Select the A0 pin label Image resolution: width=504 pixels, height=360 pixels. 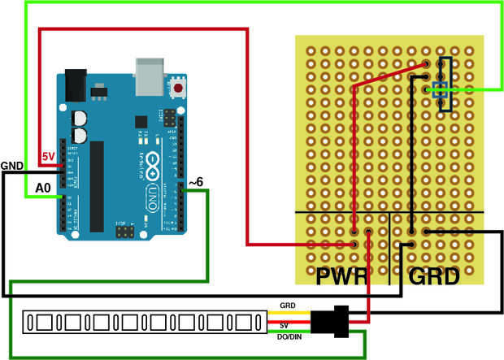tap(42, 188)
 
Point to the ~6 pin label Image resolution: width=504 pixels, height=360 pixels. tap(197, 184)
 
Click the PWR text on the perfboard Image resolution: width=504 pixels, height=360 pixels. tap(340, 276)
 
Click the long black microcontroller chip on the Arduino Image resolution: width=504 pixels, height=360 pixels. tap(98, 185)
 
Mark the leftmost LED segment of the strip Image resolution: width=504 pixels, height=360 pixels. tap(39, 323)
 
